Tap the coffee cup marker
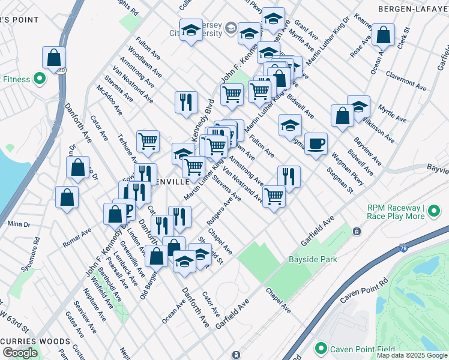[x=316, y=144]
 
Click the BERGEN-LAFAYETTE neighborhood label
[x=412, y=9]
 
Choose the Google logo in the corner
[x=20, y=353]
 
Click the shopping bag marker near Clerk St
[x=383, y=35]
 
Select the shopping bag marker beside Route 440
[x=53, y=58]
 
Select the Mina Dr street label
[x=19, y=224]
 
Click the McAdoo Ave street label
[x=109, y=100]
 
